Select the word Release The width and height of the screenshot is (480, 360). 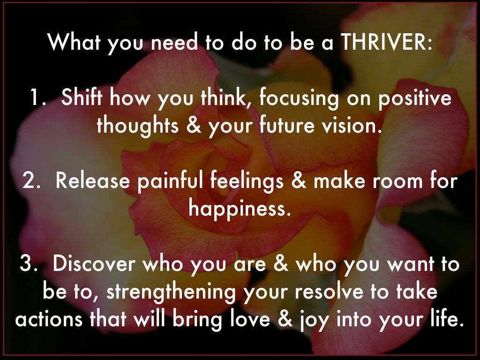(x=93, y=180)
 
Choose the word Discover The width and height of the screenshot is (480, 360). (x=94, y=263)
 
